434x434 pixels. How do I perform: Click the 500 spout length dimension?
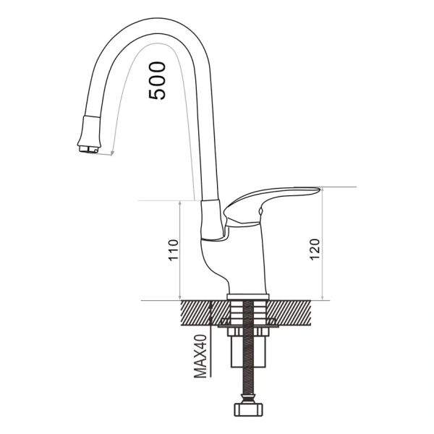point(157,80)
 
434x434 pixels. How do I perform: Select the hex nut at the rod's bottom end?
point(247,409)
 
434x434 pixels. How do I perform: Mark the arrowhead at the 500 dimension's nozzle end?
point(113,153)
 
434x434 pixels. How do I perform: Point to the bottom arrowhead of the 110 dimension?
point(180,297)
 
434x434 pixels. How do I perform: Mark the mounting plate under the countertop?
point(247,331)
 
